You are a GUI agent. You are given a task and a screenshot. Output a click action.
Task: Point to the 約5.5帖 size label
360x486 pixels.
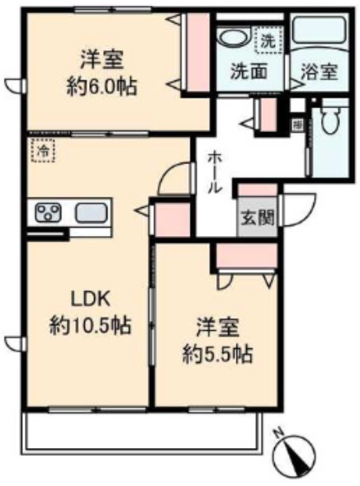coord(218,356)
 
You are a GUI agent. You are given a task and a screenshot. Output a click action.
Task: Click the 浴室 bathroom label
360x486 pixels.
coord(319,72)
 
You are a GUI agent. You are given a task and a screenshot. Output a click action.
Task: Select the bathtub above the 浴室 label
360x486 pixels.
coord(319,36)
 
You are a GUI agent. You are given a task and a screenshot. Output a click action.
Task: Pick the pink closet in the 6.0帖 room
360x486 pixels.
coord(197,53)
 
